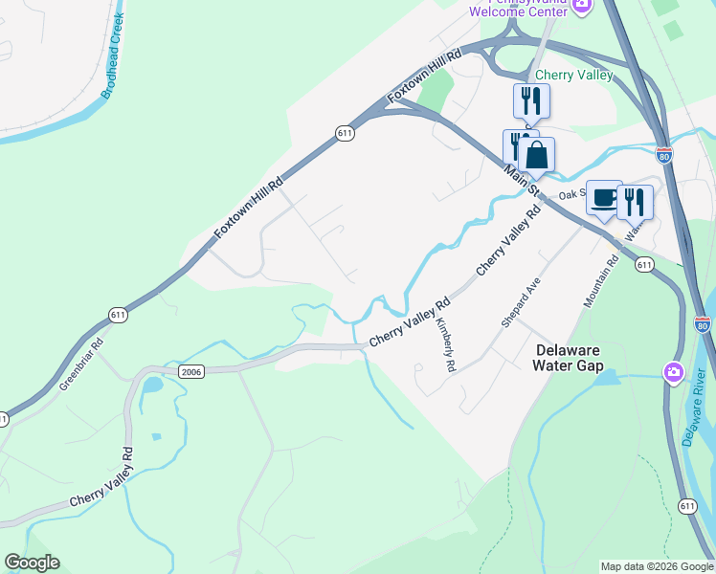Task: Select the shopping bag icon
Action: click(538, 155)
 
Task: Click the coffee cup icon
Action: click(603, 198)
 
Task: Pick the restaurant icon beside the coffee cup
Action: click(635, 202)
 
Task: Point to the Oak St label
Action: click(571, 193)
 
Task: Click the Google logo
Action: click(32, 563)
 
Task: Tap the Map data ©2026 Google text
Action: click(657, 566)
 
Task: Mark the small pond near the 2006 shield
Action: click(152, 386)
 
